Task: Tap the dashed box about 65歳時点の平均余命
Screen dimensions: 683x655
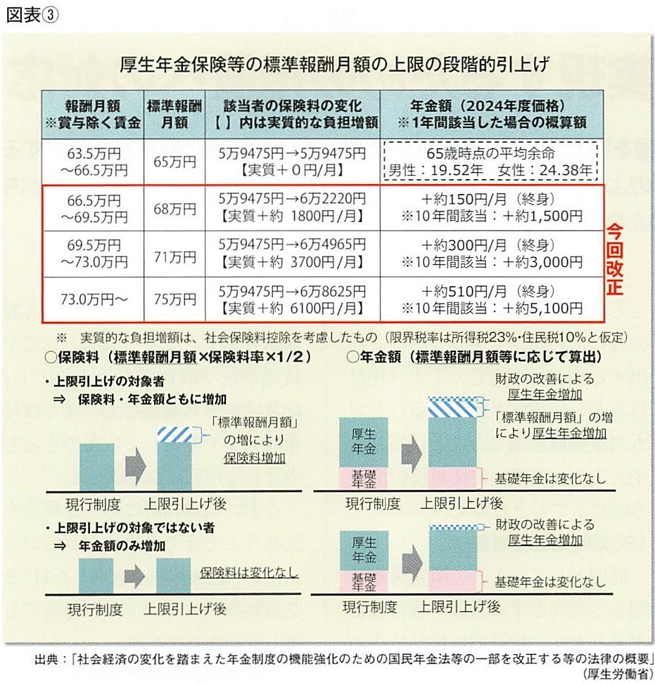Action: click(491, 162)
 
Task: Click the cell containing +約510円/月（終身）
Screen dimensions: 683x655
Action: click(491, 291)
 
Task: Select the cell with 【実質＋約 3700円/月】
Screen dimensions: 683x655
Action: click(291, 264)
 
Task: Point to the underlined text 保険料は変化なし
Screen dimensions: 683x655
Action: click(249, 572)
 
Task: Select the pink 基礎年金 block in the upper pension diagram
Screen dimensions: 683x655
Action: click(363, 479)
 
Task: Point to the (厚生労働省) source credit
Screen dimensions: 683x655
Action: click(616, 673)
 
